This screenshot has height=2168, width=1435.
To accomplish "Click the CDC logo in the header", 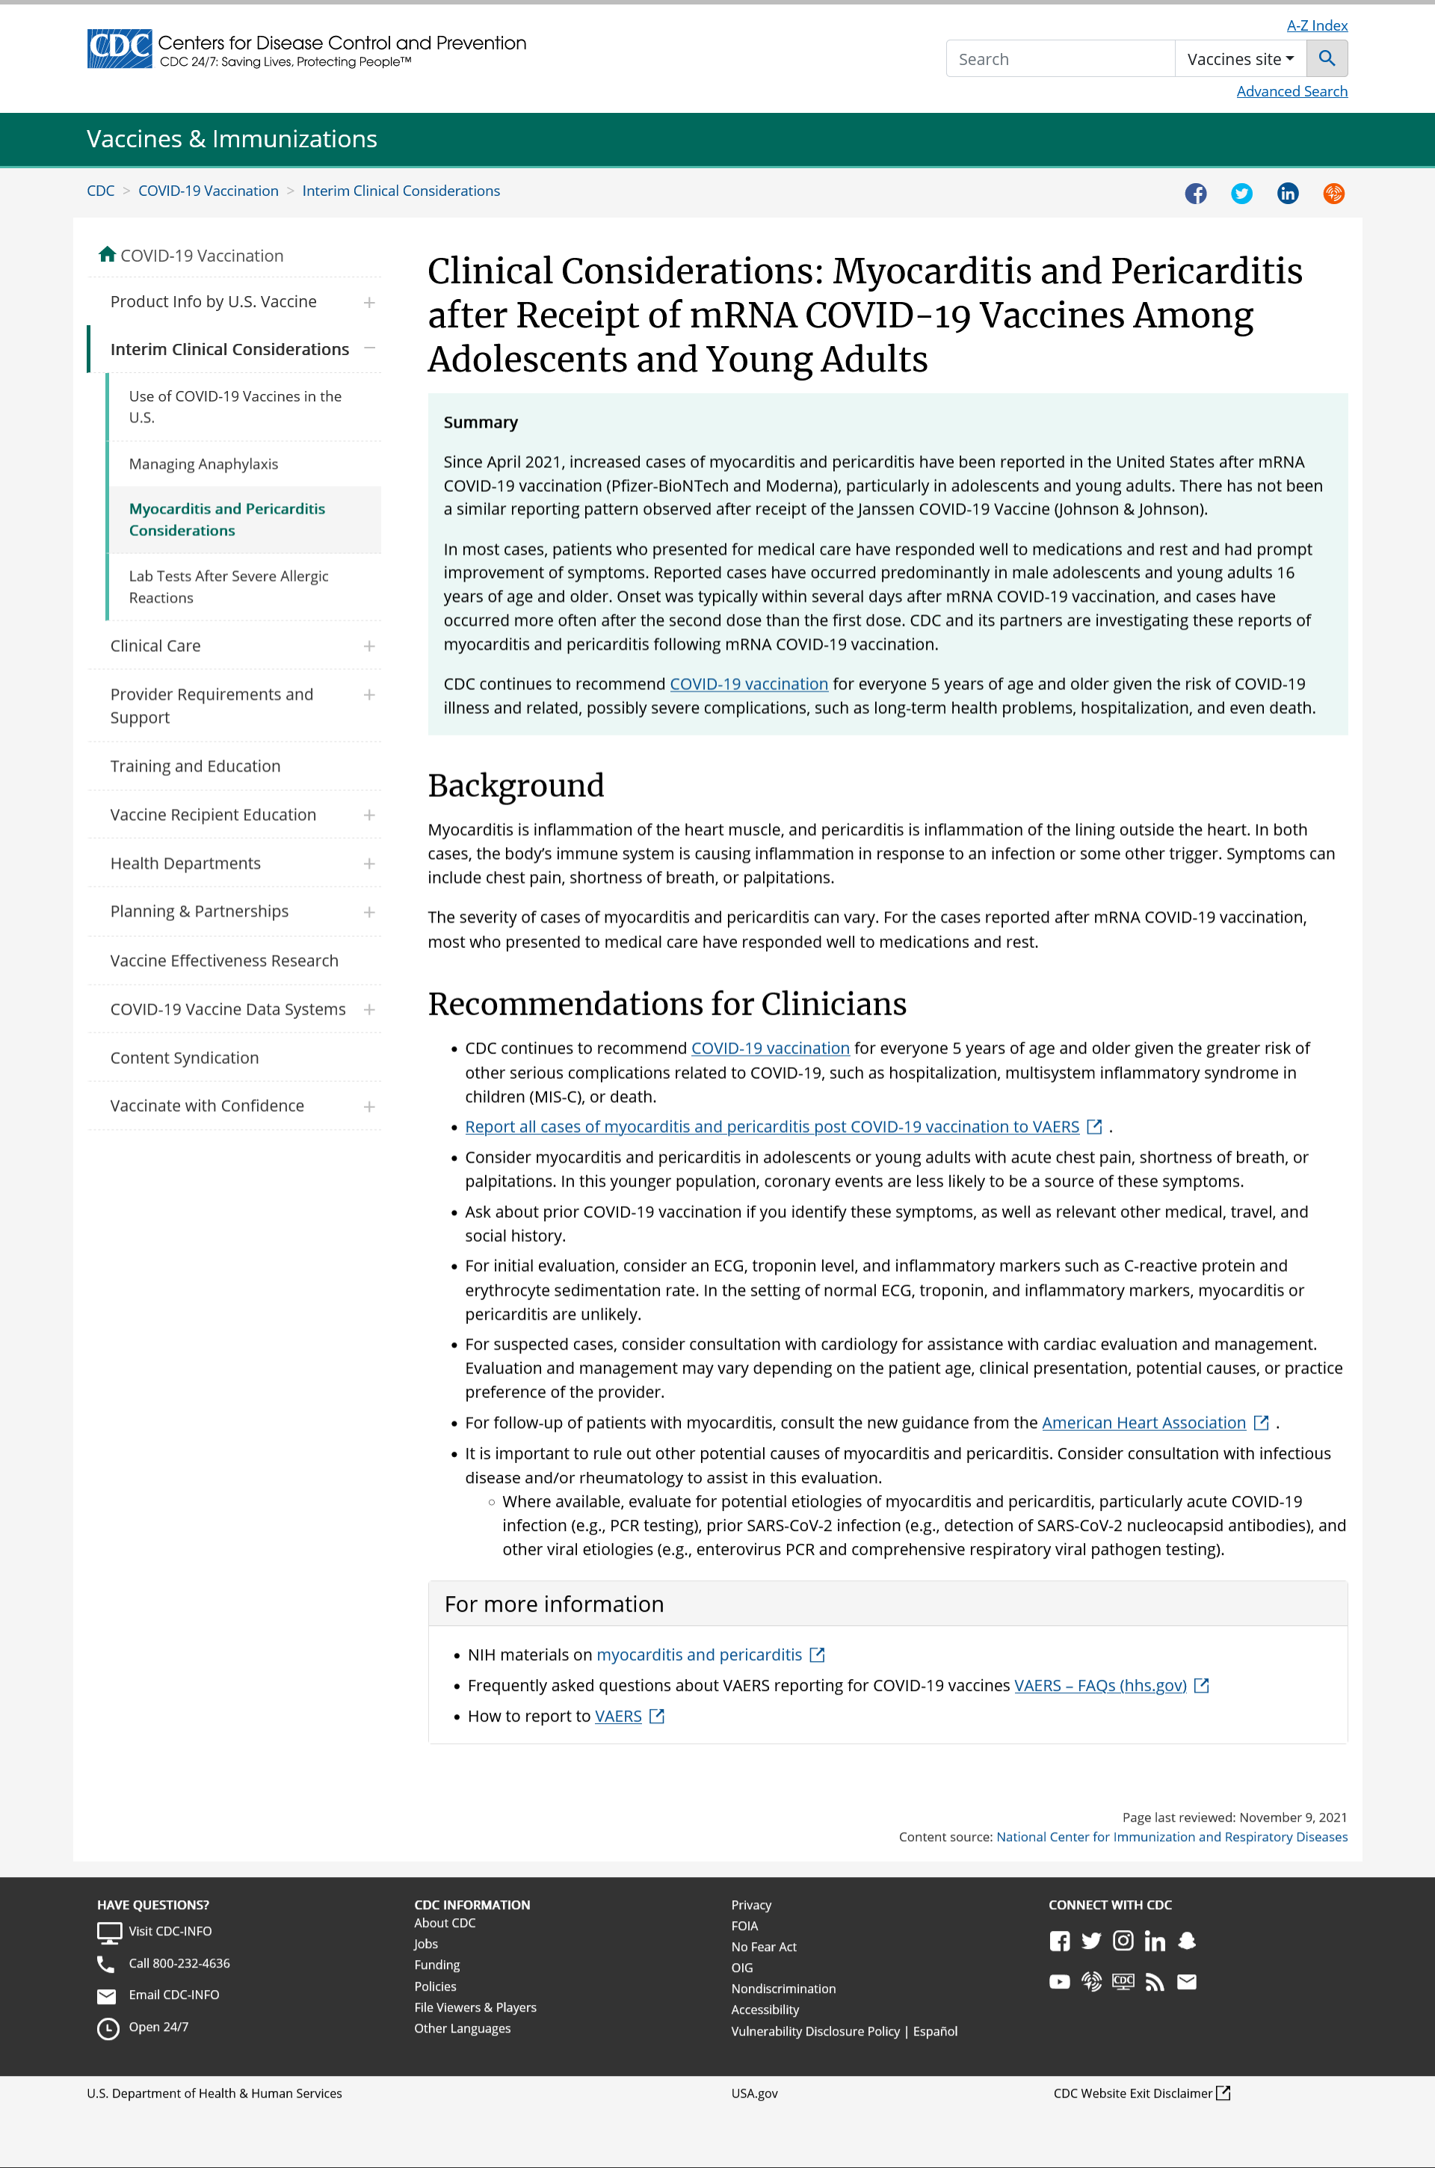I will click(119, 49).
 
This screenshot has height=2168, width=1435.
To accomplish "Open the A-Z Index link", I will click(1316, 25).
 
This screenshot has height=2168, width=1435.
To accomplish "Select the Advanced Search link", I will click(1291, 91).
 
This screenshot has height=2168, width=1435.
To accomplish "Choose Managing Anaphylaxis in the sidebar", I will click(203, 464).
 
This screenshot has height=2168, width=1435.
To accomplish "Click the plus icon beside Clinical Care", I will click(368, 646).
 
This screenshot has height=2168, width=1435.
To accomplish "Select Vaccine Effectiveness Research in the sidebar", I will click(224, 961).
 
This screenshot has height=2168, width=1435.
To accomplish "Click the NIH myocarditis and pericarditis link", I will click(698, 1655).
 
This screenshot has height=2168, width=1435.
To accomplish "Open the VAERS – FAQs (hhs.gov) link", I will click(1100, 1686).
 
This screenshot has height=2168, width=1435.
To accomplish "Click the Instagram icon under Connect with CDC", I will click(1123, 1941).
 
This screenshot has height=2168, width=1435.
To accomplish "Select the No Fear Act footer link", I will click(763, 1947).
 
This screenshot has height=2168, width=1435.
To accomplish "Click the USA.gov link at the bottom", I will click(754, 2094).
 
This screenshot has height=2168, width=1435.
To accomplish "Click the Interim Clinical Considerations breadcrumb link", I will click(401, 191).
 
